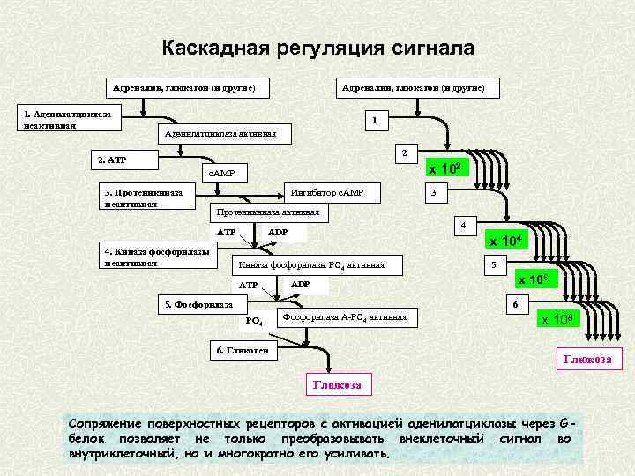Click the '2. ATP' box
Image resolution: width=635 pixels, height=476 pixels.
pyautogui.click(x=122, y=160)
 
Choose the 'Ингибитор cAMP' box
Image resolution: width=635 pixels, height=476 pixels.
pyautogui.click(x=328, y=192)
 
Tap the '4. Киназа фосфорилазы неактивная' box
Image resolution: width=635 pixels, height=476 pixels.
pyautogui.click(x=156, y=257)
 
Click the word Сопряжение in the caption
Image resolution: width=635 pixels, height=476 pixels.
pyautogui.click(x=113, y=421)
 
